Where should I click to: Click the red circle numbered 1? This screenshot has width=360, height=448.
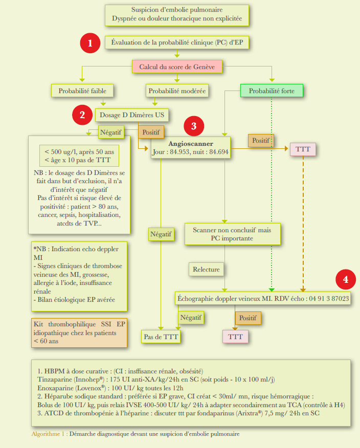(91, 43)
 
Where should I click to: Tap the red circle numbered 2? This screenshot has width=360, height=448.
(82, 115)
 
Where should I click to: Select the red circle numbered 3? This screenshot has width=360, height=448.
(193, 125)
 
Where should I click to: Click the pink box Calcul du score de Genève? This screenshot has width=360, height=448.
(177, 66)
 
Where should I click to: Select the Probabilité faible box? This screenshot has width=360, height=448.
(82, 91)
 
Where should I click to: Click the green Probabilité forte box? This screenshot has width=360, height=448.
(272, 91)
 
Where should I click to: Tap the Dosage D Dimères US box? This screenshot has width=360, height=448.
(131, 115)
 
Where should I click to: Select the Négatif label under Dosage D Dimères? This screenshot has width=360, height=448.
(111, 131)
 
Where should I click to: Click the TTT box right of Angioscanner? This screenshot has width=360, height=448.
(303, 149)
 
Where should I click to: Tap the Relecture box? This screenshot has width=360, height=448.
(207, 269)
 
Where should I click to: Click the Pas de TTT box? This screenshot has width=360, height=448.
(161, 337)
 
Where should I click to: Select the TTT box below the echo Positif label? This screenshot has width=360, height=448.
(235, 337)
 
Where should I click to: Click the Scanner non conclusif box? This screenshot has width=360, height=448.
(232, 234)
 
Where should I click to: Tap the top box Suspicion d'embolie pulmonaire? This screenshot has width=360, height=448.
(177, 15)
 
